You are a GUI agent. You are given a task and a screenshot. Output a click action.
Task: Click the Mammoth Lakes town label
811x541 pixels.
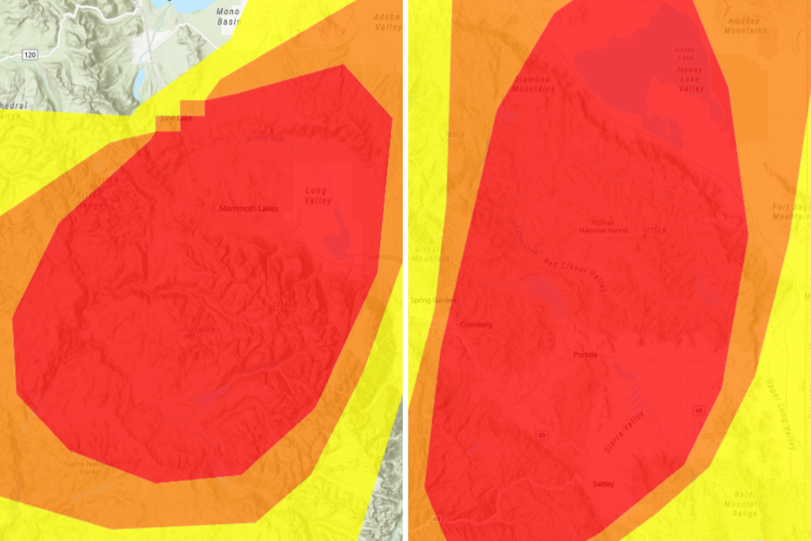point(248,208)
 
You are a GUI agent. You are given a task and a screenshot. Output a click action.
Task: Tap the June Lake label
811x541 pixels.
point(177,118)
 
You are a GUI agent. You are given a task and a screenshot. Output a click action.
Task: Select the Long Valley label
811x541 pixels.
point(318,196)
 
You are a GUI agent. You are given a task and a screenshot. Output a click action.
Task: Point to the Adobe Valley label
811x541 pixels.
point(388,22)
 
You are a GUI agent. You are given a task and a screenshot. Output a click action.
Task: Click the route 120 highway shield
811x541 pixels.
point(30,55)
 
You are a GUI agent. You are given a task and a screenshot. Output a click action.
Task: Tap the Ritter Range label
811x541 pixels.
point(89,200)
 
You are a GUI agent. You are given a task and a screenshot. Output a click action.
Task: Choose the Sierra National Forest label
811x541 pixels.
point(90,467)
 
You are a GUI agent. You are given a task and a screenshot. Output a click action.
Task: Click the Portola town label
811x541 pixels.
point(585,355)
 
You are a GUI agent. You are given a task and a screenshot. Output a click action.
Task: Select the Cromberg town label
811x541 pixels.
point(476,325)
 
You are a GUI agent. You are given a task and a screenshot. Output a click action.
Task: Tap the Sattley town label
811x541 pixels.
point(603,484)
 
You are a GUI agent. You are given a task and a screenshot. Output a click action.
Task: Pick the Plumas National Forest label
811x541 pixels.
point(603,227)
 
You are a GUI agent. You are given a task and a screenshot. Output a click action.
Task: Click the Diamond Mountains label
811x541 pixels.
point(533,84)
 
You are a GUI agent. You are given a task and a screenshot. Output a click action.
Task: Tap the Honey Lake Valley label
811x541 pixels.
point(691,79)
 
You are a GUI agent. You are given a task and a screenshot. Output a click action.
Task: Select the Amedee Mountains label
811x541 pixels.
point(745,26)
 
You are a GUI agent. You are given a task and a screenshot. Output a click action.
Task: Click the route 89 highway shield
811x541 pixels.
point(542,436)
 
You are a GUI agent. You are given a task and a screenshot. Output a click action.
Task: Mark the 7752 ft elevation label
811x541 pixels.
point(656,230)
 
